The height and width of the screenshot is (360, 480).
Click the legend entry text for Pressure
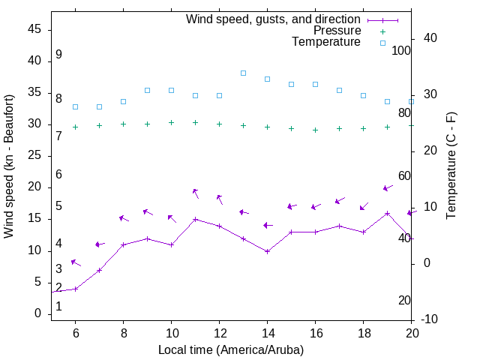pyautogui.click(x=337, y=31)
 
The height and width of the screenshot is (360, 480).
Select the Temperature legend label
pyautogui.click(x=326, y=42)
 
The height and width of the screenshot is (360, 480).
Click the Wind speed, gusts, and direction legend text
pyautogui.click(x=274, y=19)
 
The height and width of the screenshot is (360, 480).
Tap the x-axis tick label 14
pyautogui.click(x=267, y=333)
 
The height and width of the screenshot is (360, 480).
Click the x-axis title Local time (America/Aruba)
pyautogui.click(x=231, y=349)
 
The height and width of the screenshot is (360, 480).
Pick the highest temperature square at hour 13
pyautogui.click(x=243, y=73)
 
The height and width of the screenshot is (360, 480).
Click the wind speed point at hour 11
pyautogui.click(x=195, y=220)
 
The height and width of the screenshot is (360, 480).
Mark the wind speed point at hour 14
pyautogui.click(x=267, y=251)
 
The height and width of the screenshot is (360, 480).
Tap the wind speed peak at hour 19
pyautogui.click(x=387, y=213)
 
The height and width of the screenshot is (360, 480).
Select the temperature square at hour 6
pyautogui.click(x=75, y=106)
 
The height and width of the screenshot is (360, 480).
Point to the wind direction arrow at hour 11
pyautogui.click(x=196, y=193)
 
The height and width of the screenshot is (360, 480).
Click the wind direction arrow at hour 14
pyautogui.click(x=268, y=225)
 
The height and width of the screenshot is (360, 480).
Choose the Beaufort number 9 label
pyautogui.click(x=58, y=55)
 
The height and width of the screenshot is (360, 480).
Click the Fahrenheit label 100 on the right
pyautogui.click(x=401, y=50)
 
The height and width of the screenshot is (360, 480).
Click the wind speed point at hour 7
pyautogui.click(x=99, y=270)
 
